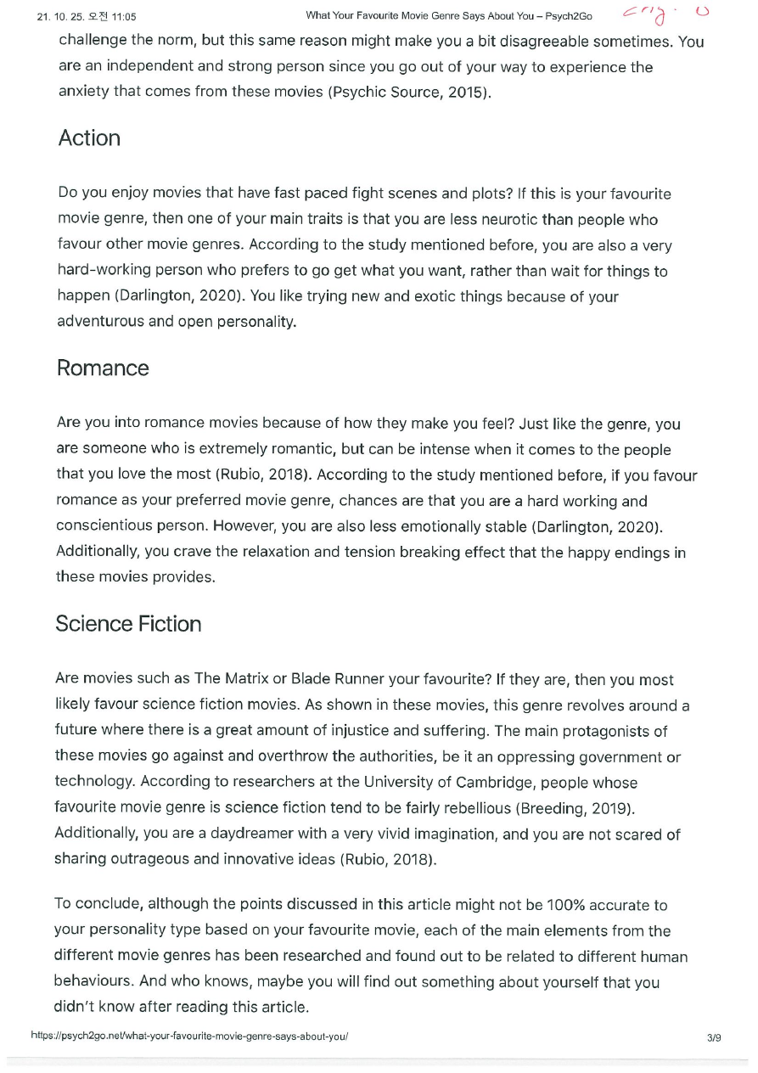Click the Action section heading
click(x=89, y=138)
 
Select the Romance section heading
click(x=103, y=368)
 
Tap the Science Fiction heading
click(x=128, y=624)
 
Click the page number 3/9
click(x=713, y=1036)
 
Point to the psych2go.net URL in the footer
click(x=189, y=1036)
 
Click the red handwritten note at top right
click(x=663, y=14)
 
